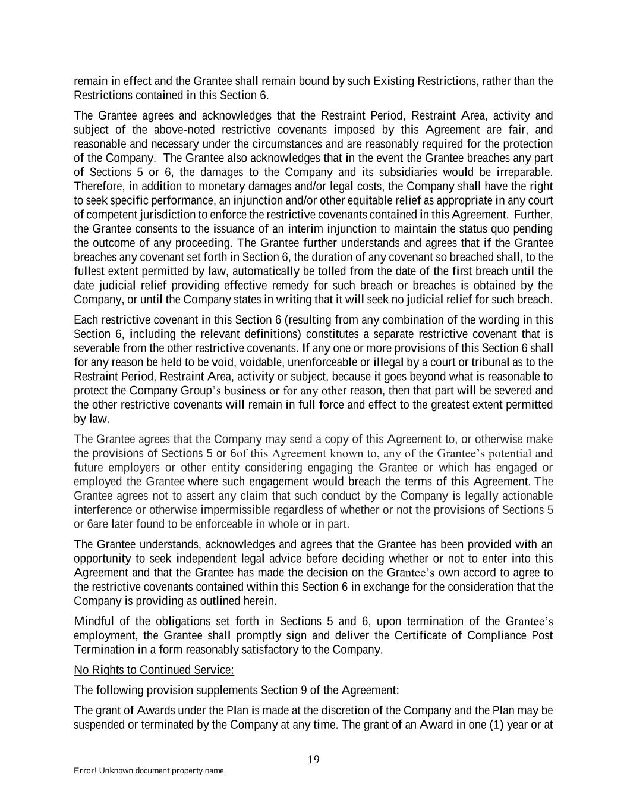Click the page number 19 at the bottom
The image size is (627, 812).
point(314,759)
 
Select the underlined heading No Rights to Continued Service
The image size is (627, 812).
point(153,670)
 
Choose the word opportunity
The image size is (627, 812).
point(100,559)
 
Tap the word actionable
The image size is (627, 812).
point(525,496)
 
